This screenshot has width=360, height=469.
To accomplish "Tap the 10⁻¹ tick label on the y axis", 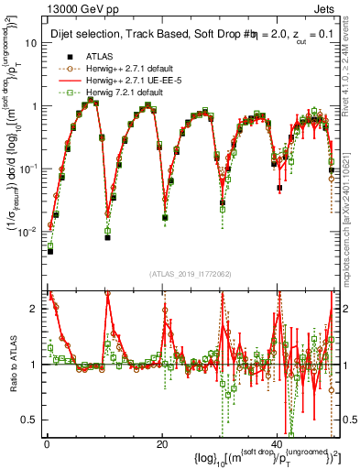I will click(x=31, y=169).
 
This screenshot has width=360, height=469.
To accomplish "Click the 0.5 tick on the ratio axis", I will click(x=31, y=420).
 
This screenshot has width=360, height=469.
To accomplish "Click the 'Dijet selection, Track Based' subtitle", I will click(x=119, y=33).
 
